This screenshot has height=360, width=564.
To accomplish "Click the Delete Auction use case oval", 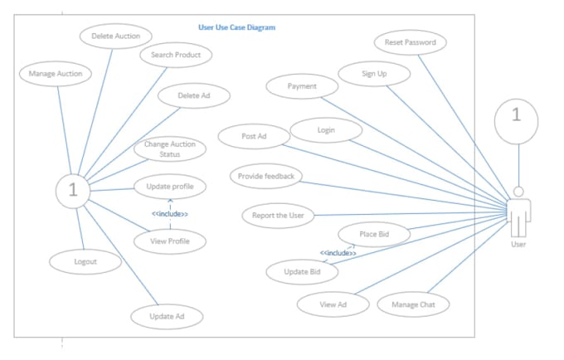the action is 116,36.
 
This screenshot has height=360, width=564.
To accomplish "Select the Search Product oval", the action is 176,55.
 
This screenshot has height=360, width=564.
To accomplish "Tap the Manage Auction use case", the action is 56,74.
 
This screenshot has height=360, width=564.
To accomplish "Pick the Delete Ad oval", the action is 194,95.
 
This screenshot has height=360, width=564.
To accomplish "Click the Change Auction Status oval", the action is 170,148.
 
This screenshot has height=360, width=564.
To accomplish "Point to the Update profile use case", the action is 170,187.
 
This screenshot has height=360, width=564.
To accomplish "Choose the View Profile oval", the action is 170,241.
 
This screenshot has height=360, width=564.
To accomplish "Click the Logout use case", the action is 85,262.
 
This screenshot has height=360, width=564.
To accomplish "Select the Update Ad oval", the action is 167,317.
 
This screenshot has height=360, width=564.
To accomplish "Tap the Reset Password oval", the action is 411,42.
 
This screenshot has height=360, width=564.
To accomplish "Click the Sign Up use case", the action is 374,74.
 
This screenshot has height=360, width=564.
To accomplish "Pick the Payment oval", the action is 302,86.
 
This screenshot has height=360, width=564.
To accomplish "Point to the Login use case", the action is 326,130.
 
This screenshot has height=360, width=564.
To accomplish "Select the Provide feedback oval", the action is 266,176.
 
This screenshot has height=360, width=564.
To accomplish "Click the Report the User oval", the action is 278,216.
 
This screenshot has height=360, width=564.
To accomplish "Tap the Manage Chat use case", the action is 413,304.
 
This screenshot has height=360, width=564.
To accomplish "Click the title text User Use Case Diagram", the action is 236,27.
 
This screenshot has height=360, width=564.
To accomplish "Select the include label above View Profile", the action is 170,214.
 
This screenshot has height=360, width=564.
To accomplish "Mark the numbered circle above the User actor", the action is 517,122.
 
